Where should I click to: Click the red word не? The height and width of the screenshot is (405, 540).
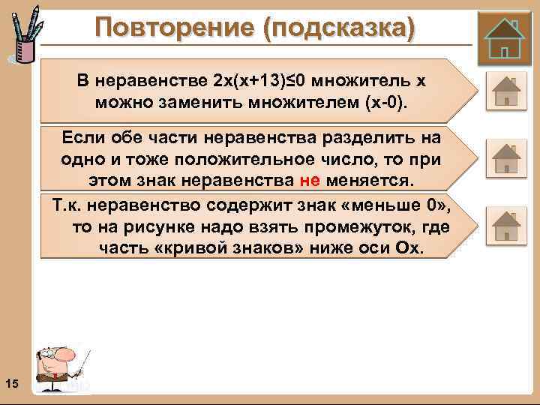pos(310,181)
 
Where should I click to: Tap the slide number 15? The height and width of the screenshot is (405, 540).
pos(11,385)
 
